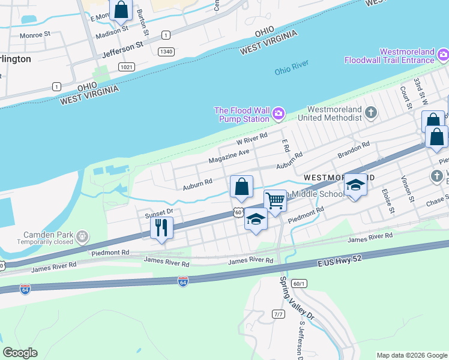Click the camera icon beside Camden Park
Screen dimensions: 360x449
click(82, 238)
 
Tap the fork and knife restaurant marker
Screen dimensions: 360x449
click(161, 228)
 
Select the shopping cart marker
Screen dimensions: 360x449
click(275, 201)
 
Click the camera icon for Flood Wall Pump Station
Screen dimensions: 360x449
click(279, 113)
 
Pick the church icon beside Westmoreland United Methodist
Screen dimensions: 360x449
click(371, 112)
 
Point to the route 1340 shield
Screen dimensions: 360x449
click(166, 52)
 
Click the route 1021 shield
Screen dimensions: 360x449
click(126, 67)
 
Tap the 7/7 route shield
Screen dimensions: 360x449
click(278, 314)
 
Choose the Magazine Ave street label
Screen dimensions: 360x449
click(229, 157)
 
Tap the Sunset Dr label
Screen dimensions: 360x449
click(158, 212)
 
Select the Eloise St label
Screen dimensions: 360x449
click(388, 202)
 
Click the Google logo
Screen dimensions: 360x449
click(20, 353)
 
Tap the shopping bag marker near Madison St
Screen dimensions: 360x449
click(121, 10)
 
